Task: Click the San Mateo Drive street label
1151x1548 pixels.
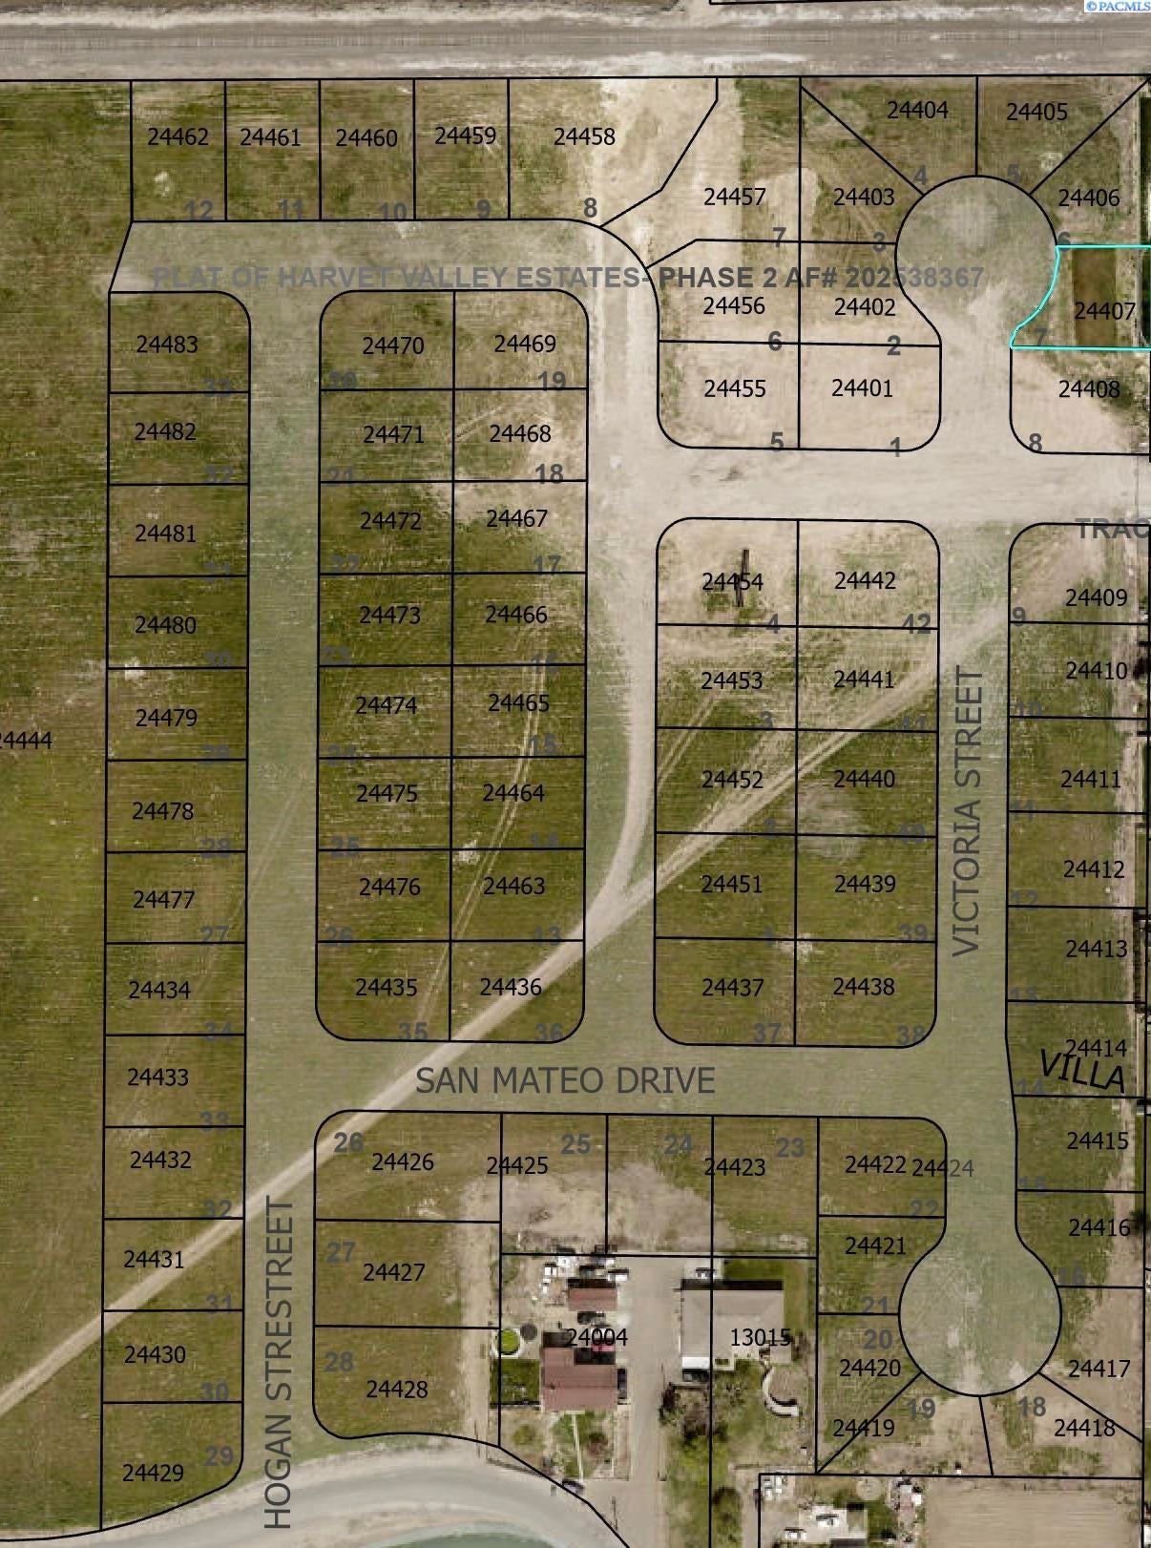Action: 565,1080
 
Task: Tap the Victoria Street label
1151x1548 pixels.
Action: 968,811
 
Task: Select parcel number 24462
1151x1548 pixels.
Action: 178,137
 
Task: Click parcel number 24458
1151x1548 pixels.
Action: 584,137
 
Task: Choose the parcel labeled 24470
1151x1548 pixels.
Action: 393,345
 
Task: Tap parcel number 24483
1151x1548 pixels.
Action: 167,345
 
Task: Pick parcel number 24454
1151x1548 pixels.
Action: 732,581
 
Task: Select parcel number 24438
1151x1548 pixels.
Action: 864,987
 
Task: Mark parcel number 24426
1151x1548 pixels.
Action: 403,1161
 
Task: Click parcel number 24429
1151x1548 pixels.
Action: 153,1473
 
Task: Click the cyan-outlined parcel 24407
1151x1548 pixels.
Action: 1104,311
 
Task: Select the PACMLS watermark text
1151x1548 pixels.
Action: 1122,7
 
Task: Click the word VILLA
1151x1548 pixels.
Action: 1082,1072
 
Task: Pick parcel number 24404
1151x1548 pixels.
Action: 917,111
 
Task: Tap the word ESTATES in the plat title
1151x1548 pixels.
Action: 576,278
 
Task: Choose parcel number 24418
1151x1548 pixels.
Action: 1084,1428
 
